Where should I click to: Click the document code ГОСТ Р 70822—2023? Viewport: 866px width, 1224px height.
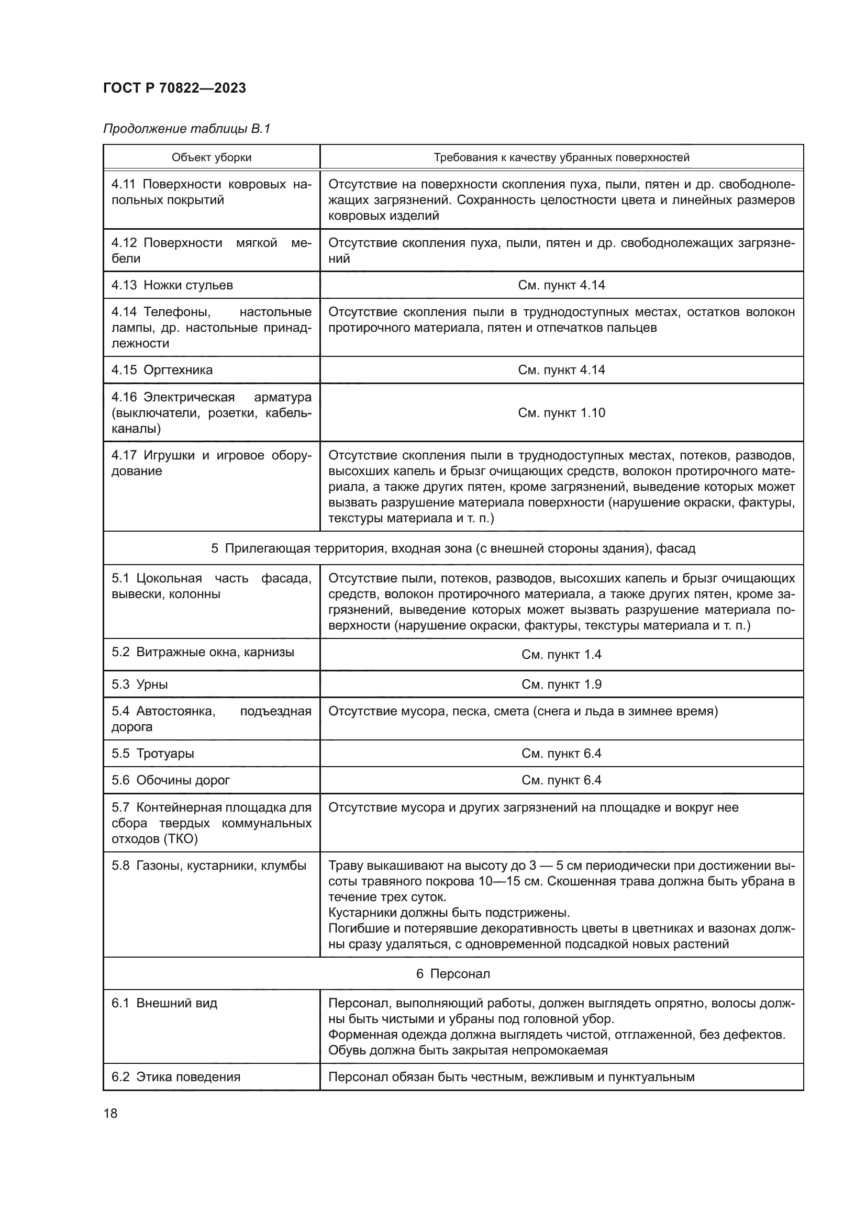tap(174, 88)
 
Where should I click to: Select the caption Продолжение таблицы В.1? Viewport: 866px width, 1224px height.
tap(186, 129)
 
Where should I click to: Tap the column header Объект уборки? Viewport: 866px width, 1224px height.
tap(211, 158)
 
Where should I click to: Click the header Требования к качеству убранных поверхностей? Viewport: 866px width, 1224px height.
tap(561, 158)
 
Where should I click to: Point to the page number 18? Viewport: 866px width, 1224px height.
tap(110, 1113)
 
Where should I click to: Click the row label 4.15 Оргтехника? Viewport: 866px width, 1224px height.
tap(162, 370)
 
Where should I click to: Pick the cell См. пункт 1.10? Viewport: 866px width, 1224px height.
tap(561, 412)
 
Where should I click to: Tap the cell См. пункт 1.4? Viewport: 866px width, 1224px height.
tap(561, 655)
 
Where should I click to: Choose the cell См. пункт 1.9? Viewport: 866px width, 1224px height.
tap(561, 684)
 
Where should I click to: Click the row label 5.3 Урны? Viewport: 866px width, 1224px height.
tap(140, 684)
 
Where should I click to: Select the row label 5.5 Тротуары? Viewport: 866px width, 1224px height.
tap(152, 753)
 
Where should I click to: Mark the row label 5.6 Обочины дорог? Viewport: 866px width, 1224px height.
tap(171, 780)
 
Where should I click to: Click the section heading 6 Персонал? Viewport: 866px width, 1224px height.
tap(453, 973)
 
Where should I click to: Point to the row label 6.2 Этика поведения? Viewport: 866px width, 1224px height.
tap(176, 1076)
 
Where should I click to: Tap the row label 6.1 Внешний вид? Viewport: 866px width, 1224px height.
tap(164, 1003)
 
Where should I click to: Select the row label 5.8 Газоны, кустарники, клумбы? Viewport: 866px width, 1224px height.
tap(209, 865)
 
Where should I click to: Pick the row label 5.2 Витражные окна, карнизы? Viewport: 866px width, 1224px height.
tap(203, 652)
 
